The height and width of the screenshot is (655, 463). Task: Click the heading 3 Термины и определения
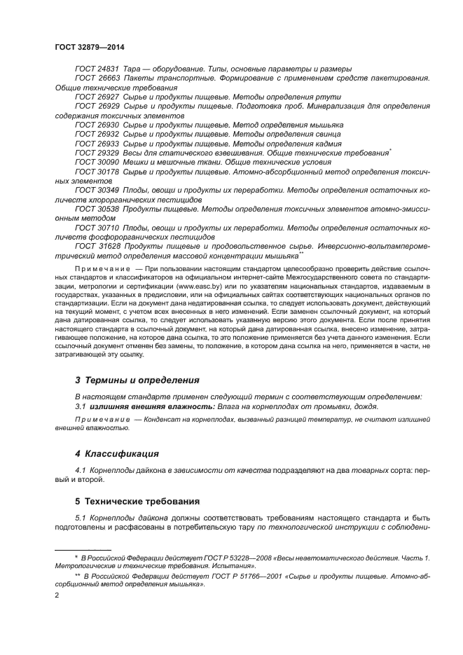pyautogui.click(x=137, y=380)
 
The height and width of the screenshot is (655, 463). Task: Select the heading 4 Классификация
pyautogui.click(x=117, y=454)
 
